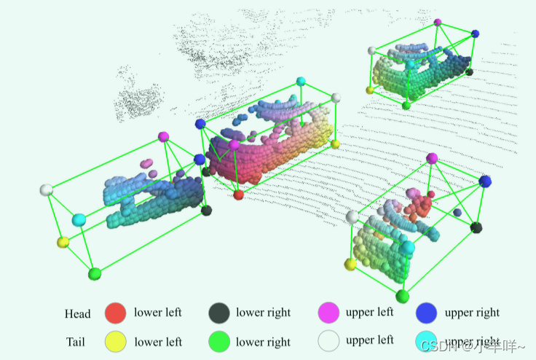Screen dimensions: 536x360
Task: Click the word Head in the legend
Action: click(x=77, y=314)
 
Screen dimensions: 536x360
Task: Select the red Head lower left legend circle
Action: click(x=116, y=313)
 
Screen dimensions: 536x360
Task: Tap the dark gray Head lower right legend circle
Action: click(x=219, y=313)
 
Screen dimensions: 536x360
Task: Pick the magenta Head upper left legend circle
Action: click(x=329, y=313)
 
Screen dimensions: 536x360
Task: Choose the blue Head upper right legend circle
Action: click(x=426, y=313)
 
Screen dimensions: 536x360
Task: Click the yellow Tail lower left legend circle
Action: click(x=116, y=341)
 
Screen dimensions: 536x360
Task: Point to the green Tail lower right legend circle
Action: click(x=219, y=341)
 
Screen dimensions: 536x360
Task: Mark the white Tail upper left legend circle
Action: click(x=329, y=341)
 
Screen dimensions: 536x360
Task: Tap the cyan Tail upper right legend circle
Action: click(x=426, y=341)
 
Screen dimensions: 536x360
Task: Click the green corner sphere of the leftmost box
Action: click(x=94, y=274)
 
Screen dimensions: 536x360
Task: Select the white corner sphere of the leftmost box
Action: click(x=47, y=190)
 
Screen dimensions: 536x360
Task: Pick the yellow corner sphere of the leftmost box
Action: click(x=63, y=242)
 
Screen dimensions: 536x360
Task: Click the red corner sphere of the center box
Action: click(x=238, y=195)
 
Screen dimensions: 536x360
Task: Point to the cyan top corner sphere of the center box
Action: click(x=300, y=82)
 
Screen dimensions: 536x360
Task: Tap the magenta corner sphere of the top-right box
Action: click(x=438, y=23)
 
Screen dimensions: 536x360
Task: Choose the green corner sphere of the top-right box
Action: click(x=406, y=106)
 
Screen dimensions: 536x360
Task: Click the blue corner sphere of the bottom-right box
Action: click(x=485, y=181)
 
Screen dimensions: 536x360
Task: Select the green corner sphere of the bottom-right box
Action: click(x=402, y=295)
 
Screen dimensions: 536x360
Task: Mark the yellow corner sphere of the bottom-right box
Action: click(x=350, y=264)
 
